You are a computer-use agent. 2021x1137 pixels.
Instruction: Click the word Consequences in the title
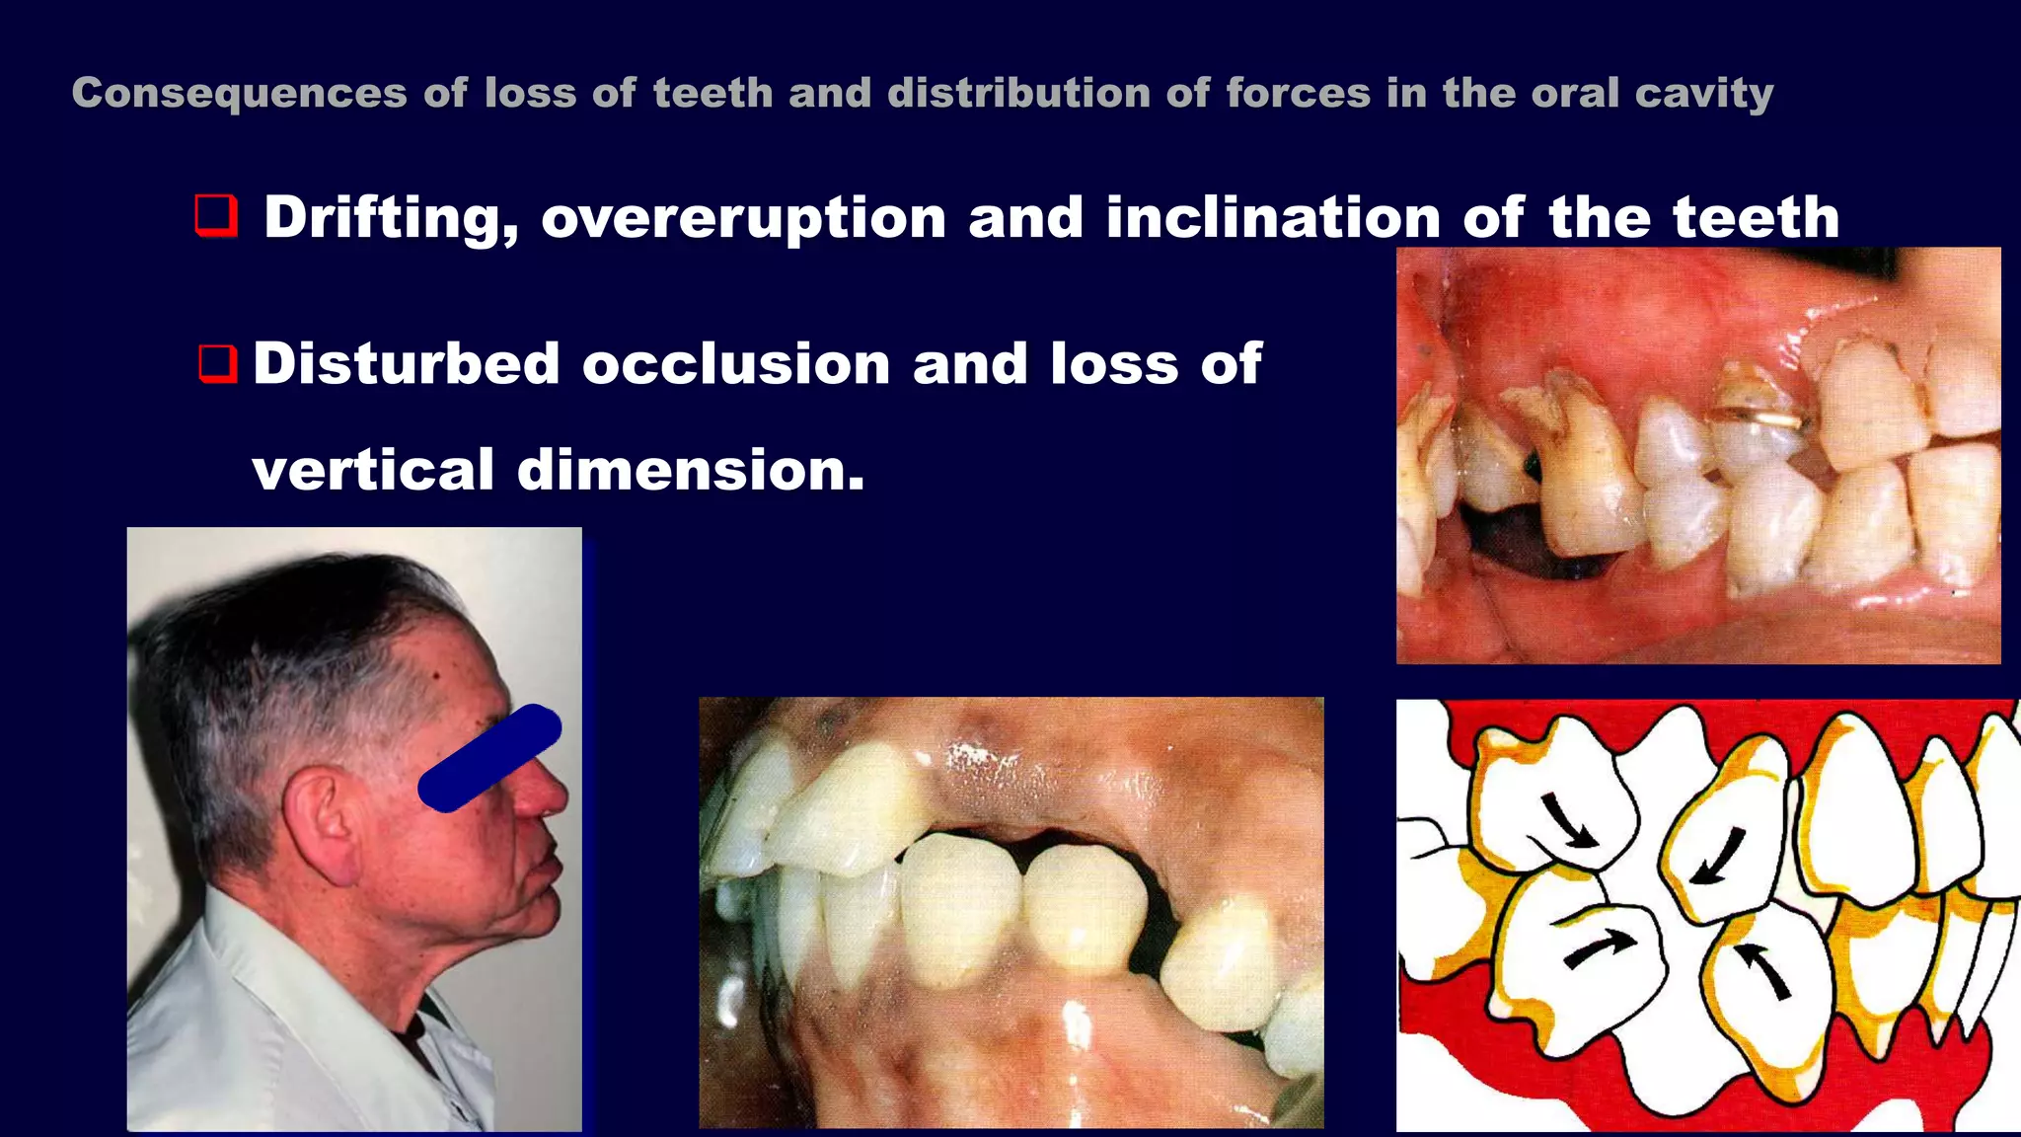pos(239,94)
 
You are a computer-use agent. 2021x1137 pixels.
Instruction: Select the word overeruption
pos(744,218)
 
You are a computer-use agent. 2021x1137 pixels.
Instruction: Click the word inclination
pos(1273,218)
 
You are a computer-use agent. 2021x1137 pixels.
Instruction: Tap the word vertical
pos(373,470)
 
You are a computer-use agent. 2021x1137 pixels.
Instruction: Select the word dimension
pos(691,470)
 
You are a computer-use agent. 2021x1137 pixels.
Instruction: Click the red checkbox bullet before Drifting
pos(216,215)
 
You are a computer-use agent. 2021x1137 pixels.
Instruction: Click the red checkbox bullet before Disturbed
pos(217,363)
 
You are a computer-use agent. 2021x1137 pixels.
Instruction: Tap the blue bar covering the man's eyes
pos(489,758)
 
